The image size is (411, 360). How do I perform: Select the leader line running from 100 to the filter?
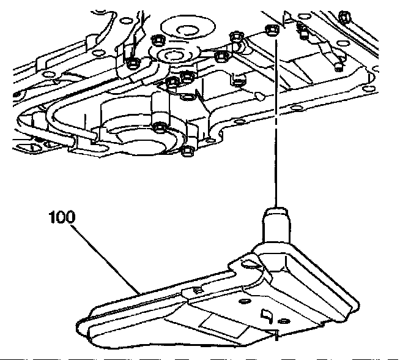pyautogui.click(x=104, y=257)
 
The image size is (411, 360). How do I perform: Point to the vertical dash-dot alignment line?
pyautogui.click(x=276, y=122)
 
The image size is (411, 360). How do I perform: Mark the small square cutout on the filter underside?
pyautogui.click(x=267, y=316)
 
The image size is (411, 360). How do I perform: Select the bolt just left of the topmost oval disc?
pyautogui.click(x=157, y=40)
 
